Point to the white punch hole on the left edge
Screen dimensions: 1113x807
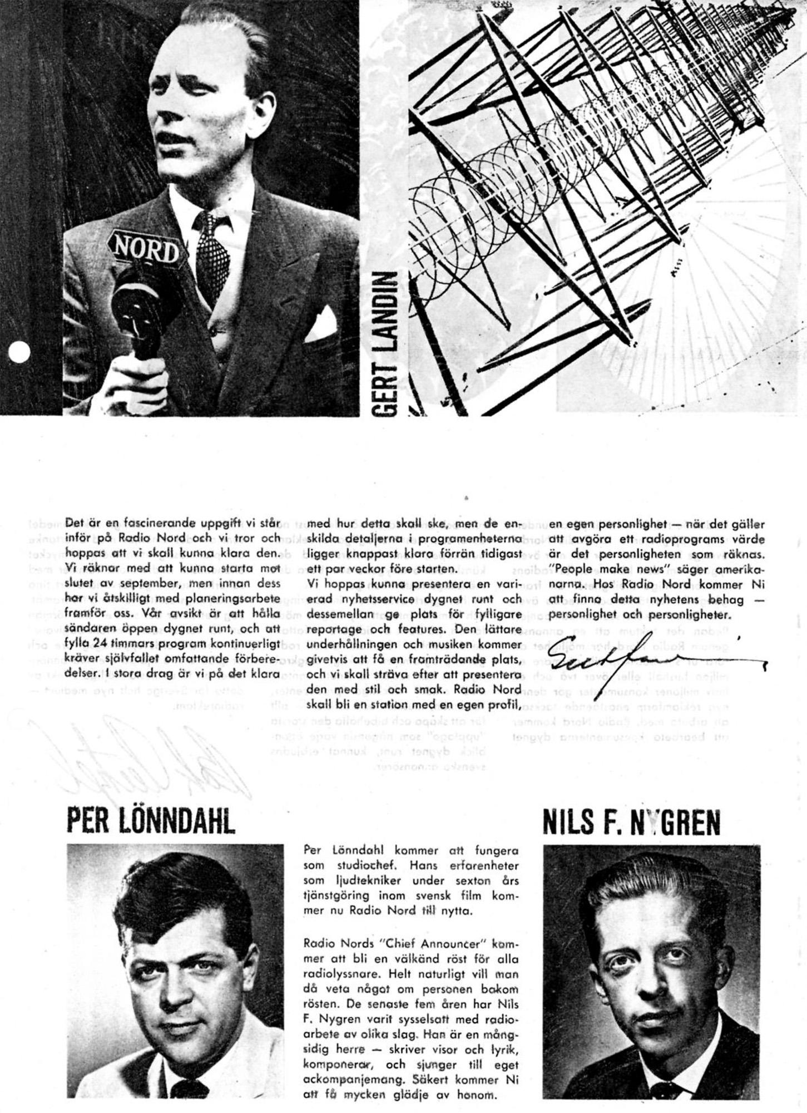pyautogui.click(x=19, y=352)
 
